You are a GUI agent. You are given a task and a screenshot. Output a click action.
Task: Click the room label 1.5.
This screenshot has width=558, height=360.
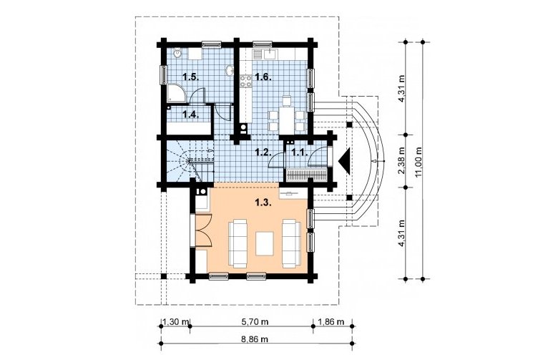(x=190, y=76)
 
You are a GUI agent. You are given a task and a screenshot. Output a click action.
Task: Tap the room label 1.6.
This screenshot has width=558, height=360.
(x=263, y=77)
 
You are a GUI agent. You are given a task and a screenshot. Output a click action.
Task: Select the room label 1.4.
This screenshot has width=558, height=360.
(x=190, y=115)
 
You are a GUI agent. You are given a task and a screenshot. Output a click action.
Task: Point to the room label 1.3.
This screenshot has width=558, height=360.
(x=264, y=203)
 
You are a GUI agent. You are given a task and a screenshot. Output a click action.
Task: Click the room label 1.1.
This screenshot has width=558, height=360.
(x=300, y=152)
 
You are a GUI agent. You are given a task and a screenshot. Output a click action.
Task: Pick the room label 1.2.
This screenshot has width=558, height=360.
(x=263, y=152)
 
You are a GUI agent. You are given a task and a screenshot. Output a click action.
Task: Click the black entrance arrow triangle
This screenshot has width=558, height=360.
(x=345, y=161)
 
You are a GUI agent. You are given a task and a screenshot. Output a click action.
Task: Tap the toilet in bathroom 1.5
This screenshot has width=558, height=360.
(x=177, y=53)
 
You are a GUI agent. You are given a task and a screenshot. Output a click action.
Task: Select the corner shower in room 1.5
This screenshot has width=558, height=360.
(x=175, y=92)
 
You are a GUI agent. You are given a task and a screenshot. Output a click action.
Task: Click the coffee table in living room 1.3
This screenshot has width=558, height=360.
(x=265, y=243)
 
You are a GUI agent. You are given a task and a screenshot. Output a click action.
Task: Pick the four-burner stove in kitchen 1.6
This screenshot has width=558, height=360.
(x=245, y=80)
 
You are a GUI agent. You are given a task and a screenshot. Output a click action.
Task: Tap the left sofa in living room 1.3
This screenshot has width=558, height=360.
(x=238, y=243)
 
